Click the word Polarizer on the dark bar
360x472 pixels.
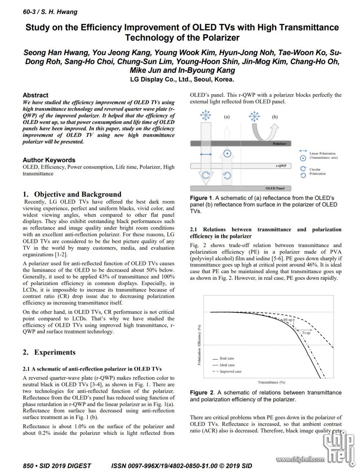[x=279, y=143]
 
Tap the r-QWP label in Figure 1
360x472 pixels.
[x=281, y=166]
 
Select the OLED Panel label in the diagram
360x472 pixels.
[x=275, y=188]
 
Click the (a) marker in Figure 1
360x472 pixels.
[x=227, y=117]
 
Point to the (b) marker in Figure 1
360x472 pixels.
[x=275, y=117]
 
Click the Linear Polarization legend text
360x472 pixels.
[x=323, y=155]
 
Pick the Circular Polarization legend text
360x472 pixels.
[x=317, y=172]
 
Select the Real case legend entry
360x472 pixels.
[x=227, y=358]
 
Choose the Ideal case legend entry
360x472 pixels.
[x=227, y=365]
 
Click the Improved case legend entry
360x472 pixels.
[x=230, y=372]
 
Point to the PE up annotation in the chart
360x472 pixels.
[x=288, y=320]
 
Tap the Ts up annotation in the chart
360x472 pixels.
[x=306, y=333]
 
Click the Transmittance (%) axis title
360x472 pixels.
[x=271, y=382]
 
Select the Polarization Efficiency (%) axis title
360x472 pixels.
[x=199, y=345]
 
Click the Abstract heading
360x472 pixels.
[x=35, y=95]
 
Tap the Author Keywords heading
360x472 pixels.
[x=49, y=160]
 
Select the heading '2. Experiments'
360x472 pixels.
[x=49, y=352]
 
